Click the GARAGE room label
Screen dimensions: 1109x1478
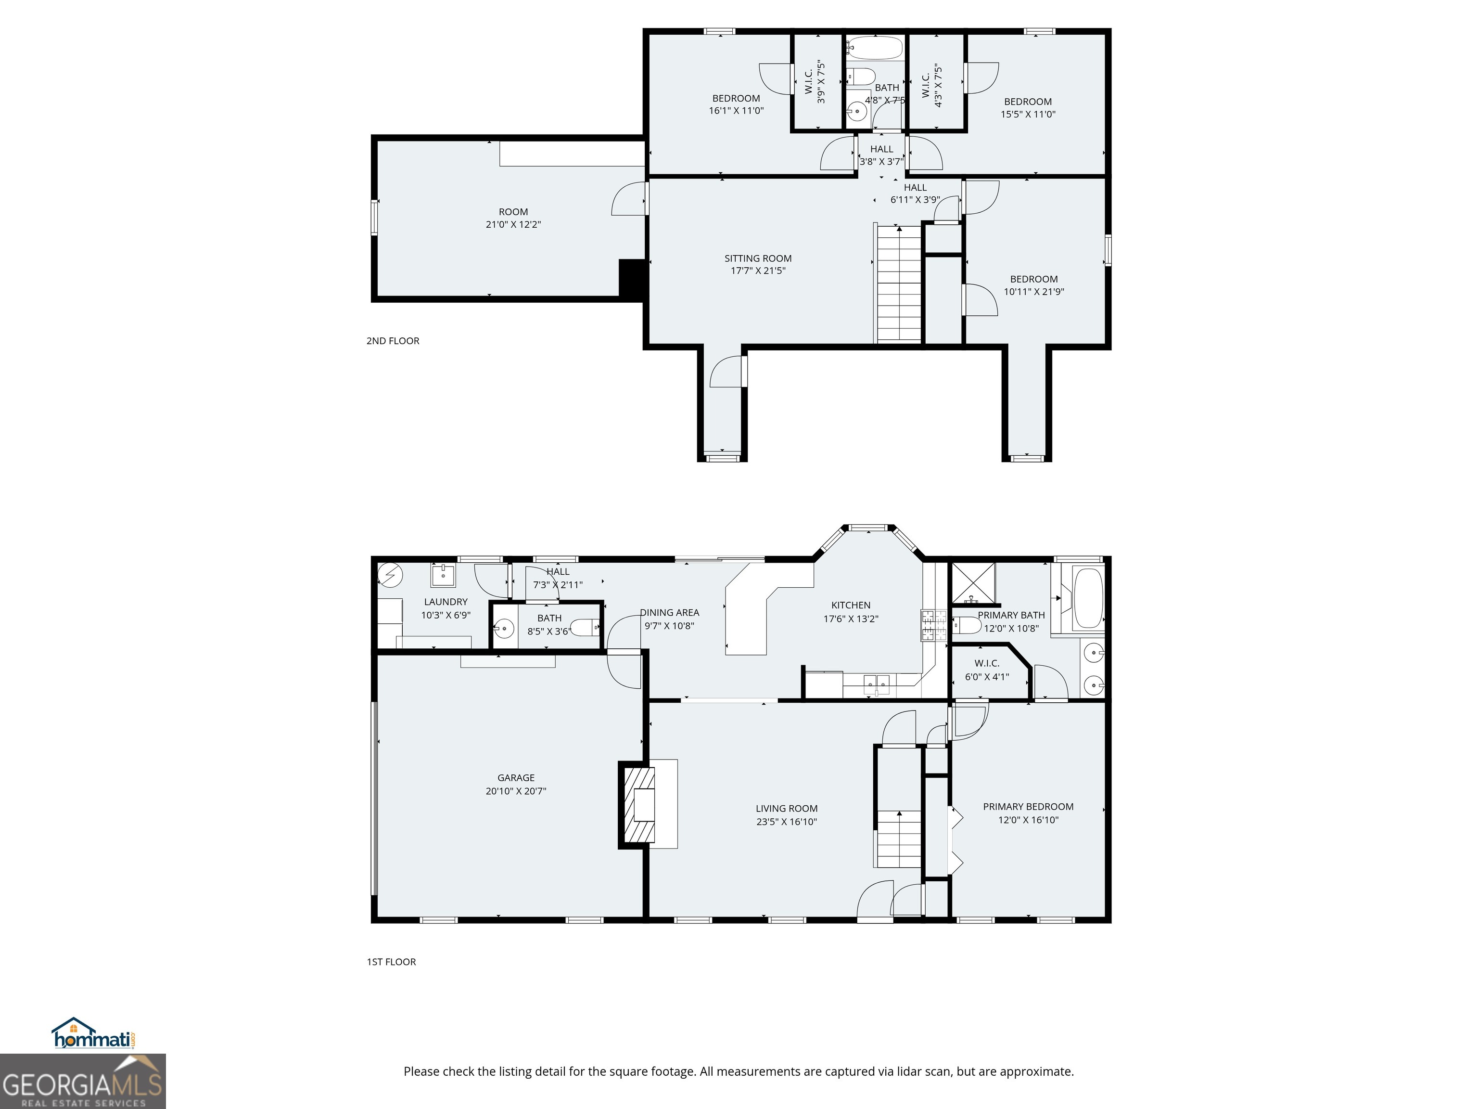click(x=515, y=777)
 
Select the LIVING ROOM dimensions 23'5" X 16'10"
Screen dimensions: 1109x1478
click(x=787, y=822)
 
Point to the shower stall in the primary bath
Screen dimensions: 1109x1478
click(x=973, y=582)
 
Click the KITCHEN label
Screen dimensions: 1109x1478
click(x=851, y=605)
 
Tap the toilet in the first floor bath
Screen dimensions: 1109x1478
click(x=586, y=628)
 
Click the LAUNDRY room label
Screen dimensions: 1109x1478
click(x=446, y=602)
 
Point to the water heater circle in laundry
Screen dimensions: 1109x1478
click(x=390, y=575)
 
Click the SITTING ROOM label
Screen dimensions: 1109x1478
click(x=758, y=258)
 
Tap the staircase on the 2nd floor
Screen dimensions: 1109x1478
click(x=899, y=284)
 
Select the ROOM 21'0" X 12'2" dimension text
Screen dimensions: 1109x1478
click(x=513, y=225)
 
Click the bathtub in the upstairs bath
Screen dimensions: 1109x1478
click(x=875, y=48)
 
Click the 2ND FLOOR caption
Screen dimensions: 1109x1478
click(x=393, y=341)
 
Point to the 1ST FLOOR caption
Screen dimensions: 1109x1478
click(x=391, y=962)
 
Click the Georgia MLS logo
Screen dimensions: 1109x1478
click(x=82, y=1081)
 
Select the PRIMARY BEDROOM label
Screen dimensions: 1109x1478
click(x=1028, y=807)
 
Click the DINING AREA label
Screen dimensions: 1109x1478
click(x=670, y=612)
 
